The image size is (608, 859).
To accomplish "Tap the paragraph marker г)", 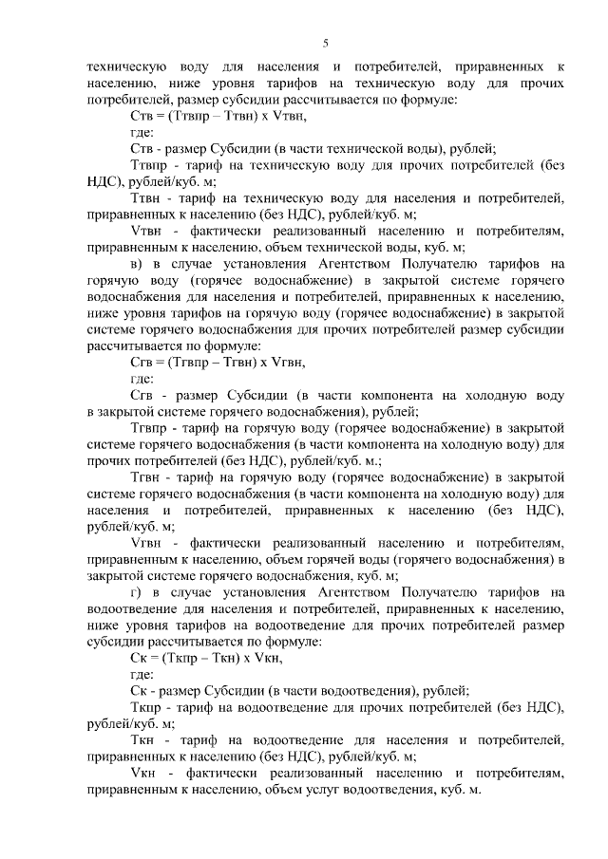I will click(136, 591).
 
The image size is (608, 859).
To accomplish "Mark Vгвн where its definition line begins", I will click(145, 542).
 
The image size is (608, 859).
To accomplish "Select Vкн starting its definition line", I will click(142, 773).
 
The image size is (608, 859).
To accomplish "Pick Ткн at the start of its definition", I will click(143, 739).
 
